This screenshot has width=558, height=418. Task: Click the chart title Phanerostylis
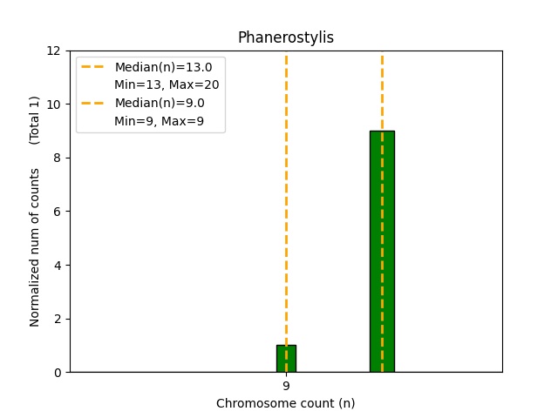point(286,38)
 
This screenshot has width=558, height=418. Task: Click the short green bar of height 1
point(286,359)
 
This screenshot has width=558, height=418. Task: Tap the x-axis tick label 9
point(286,386)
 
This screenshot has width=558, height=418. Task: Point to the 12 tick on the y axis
point(54,51)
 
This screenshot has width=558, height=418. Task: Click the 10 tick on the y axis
point(54,104)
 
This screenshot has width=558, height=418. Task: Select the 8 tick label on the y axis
point(58,158)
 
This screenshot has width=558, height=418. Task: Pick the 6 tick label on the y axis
point(58,212)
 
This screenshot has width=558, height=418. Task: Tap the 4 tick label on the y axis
point(58,265)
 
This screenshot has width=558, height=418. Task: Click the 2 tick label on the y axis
point(58,319)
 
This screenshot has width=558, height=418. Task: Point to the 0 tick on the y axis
point(58,373)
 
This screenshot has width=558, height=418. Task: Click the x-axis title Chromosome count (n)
point(286,403)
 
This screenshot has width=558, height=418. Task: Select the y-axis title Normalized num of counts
point(35,247)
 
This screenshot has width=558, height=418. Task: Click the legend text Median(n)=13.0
point(163,67)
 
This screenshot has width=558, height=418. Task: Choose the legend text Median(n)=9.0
point(160,103)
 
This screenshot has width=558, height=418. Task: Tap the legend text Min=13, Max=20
point(167,84)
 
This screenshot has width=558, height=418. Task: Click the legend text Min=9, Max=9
point(160,121)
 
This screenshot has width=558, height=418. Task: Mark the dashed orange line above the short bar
point(286,200)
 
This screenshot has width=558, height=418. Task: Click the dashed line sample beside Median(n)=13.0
point(93,67)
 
